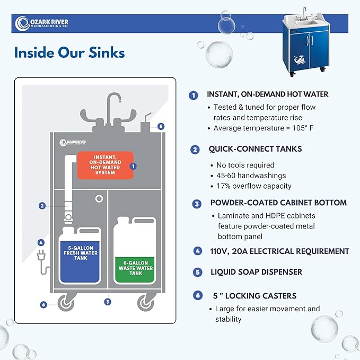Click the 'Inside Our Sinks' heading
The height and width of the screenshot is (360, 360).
[69, 52]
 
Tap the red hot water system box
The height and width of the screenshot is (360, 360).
[104, 165]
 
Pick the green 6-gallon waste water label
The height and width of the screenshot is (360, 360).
[134, 266]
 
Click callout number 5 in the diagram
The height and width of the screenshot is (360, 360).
[161, 126]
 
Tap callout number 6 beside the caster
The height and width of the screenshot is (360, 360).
[43, 304]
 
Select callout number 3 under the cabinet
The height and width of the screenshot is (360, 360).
[108, 302]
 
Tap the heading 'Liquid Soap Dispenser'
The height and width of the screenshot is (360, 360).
[256, 272]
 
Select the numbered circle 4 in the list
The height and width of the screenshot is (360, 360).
[197, 251]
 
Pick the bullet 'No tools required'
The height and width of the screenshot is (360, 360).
[245, 165]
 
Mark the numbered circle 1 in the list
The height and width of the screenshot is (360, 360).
[194, 95]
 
